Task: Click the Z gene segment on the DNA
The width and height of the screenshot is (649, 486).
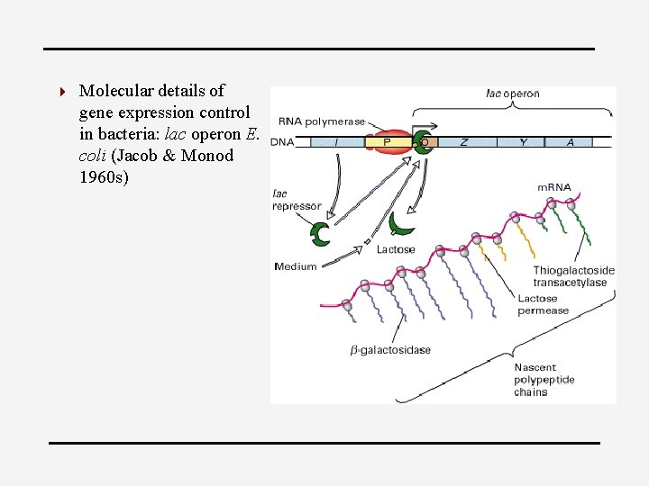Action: coord(465,141)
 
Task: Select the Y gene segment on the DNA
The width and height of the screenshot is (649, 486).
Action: coord(524,141)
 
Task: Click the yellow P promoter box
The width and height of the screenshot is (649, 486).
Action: coord(387,141)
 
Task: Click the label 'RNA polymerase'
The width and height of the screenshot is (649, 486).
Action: coord(323,121)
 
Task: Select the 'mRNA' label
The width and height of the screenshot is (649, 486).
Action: coord(553,188)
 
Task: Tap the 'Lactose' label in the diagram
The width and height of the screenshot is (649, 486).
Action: coord(396,249)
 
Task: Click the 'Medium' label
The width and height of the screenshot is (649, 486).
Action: coord(296,266)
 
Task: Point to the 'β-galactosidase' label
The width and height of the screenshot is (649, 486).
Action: coord(390,350)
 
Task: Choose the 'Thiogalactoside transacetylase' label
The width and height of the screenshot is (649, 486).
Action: coord(574,276)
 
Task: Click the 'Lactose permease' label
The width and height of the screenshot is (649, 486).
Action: coord(543,304)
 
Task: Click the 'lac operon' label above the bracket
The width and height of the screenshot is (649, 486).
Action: coord(513,94)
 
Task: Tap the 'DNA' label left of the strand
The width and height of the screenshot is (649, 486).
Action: coord(282,142)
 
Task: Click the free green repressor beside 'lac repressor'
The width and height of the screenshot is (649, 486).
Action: coord(320,234)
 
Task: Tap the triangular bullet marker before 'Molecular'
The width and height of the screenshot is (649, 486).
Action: coord(60,91)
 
